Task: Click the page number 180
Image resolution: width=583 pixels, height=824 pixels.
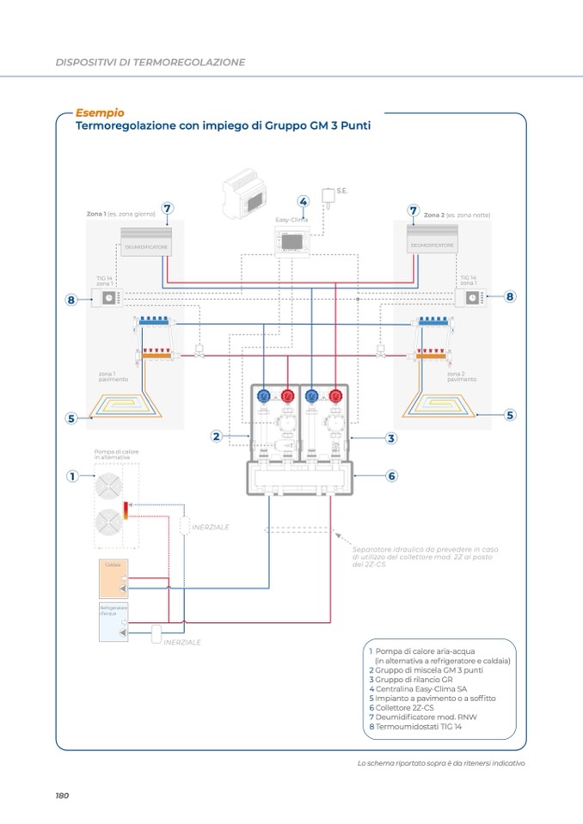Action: (x=62, y=796)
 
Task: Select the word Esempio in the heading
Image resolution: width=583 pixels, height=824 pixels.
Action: (x=100, y=113)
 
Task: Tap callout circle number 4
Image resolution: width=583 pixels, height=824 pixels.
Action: (x=303, y=202)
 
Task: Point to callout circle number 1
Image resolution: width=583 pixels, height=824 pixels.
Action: (x=74, y=475)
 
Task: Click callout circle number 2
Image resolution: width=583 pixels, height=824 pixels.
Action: (x=218, y=436)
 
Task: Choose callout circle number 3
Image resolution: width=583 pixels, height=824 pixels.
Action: (x=390, y=437)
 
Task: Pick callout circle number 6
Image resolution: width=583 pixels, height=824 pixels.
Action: (x=390, y=475)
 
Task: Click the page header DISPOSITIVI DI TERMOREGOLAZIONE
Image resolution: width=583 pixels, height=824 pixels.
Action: (x=150, y=63)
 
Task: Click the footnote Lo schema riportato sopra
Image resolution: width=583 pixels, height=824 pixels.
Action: (x=440, y=763)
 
